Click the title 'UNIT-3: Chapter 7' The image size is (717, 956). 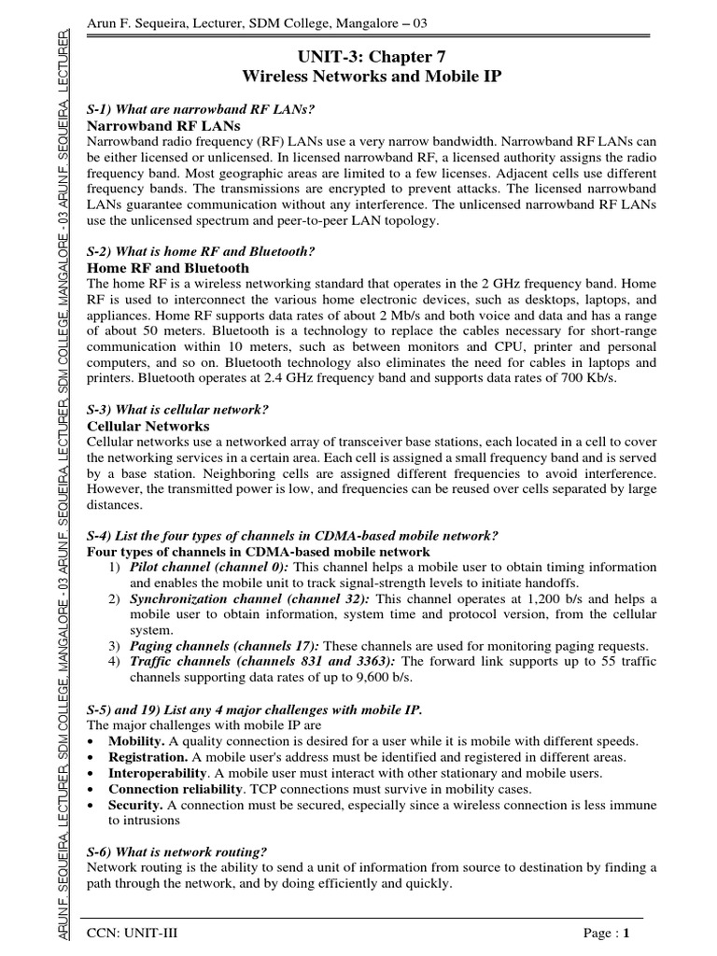371,57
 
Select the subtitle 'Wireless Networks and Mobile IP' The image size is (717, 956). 371,77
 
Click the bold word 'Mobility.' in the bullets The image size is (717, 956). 137,740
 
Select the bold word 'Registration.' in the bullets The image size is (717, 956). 148,756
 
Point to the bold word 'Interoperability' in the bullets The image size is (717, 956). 156,772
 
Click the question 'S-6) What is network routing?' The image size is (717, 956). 176,852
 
